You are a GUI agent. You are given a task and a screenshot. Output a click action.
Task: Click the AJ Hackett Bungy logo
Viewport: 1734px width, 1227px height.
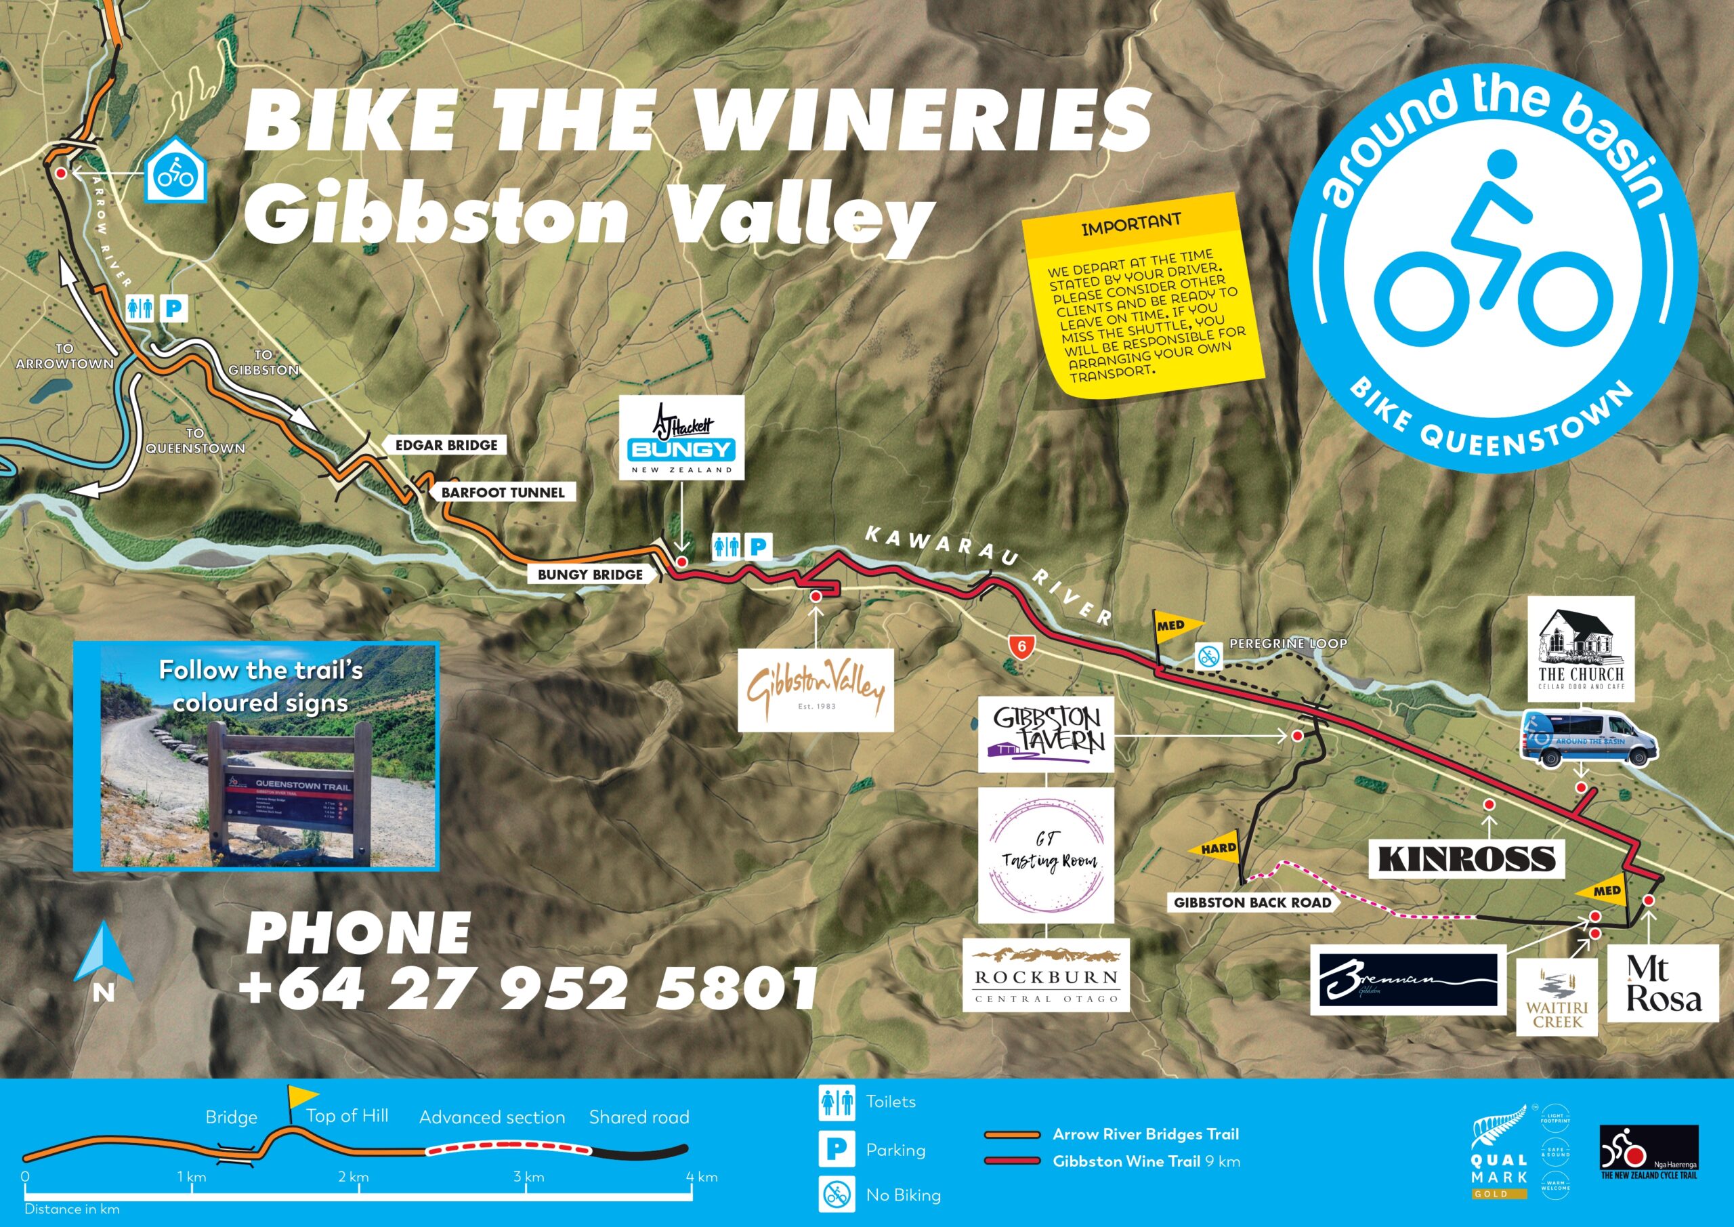pos(682,438)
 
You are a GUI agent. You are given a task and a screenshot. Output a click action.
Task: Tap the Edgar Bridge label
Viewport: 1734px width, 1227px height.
pos(446,446)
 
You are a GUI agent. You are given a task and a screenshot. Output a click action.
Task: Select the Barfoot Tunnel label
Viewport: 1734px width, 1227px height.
pos(502,493)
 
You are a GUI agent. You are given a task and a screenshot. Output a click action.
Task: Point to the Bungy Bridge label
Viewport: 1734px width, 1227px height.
pos(590,575)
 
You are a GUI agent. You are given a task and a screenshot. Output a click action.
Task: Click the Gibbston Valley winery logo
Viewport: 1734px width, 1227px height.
pos(815,690)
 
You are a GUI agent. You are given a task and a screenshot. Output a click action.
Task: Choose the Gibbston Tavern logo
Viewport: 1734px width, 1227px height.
pos(1045,734)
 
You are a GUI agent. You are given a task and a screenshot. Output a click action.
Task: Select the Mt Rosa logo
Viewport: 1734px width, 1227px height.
pos(1664,984)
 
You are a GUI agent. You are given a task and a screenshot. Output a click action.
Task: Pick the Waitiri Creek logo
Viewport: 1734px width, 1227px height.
pos(1557,997)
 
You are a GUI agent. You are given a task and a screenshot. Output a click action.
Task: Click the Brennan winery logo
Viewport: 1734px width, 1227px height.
pos(1408,980)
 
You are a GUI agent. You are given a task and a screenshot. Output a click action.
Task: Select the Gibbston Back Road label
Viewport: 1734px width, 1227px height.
pos(1252,902)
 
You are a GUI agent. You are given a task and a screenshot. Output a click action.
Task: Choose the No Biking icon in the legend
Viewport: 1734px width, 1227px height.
pos(837,1194)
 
